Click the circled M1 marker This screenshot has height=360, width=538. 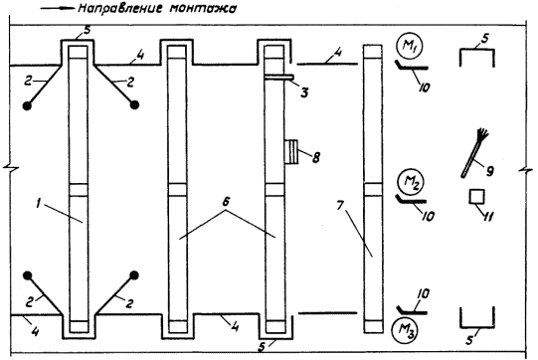(x=409, y=47)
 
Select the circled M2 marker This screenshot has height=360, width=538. (x=410, y=181)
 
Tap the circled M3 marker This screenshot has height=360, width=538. (x=405, y=330)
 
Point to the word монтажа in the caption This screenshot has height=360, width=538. (x=203, y=9)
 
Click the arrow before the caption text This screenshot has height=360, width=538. (x=58, y=9)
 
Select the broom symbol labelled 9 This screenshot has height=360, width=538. (x=475, y=152)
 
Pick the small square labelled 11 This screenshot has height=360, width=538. (x=477, y=197)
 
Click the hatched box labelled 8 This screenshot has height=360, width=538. (x=291, y=151)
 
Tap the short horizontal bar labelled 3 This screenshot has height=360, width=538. (x=278, y=78)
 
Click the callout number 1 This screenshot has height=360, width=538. (x=39, y=204)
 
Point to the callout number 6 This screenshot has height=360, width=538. (x=226, y=203)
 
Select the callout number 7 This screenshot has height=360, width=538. (x=340, y=207)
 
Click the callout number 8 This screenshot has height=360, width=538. (x=315, y=157)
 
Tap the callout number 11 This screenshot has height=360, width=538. (x=488, y=217)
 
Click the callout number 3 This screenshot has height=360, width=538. (x=304, y=92)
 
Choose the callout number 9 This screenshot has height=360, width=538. (x=490, y=170)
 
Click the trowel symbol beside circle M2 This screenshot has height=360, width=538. (x=411, y=199)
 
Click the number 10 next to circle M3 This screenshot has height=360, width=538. (x=424, y=294)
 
